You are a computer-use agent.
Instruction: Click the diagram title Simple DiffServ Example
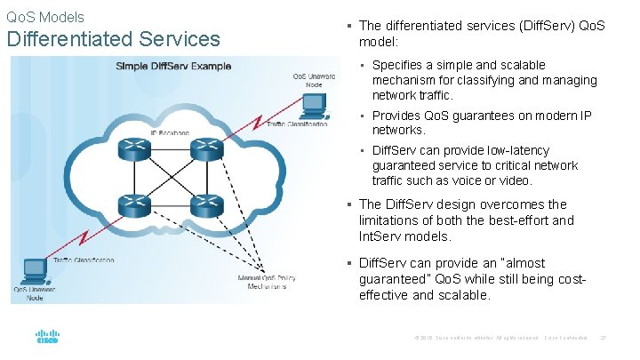(x=172, y=66)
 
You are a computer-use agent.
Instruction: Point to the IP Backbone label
(x=168, y=132)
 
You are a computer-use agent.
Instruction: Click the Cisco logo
(x=46, y=337)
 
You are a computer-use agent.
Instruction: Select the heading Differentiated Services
(x=113, y=39)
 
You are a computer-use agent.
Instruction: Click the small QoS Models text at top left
(x=45, y=17)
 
